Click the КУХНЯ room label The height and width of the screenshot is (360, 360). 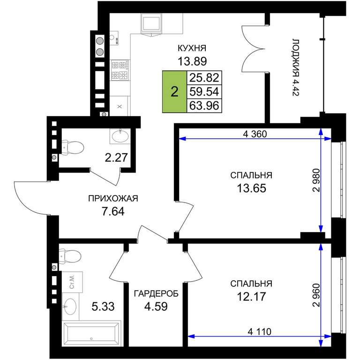pyautogui.click(x=192, y=48)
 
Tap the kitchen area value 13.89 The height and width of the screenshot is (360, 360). pyautogui.click(x=192, y=61)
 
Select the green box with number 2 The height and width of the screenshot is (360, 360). pyautogui.click(x=174, y=92)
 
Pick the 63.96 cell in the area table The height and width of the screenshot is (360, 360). pyautogui.click(x=204, y=105)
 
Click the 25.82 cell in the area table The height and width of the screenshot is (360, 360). pyautogui.click(x=204, y=78)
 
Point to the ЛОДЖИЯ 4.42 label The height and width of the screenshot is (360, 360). pyautogui.click(x=296, y=67)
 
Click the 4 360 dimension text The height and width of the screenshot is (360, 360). pyautogui.click(x=255, y=134)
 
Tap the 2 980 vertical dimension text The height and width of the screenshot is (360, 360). pyautogui.click(x=316, y=180)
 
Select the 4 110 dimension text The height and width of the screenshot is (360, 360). pyautogui.click(x=259, y=331)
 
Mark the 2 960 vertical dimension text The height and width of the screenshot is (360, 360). pyautogui.click(x=316, y=295)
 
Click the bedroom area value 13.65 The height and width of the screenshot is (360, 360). pyautogui.click(x=251, y=188)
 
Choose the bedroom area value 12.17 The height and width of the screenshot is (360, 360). pyautogui.click(x=251, y=296)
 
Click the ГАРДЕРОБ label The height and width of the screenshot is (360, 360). pyautogui.click(x=156, y=293)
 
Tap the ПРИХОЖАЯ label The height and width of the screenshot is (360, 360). pyautogui.click(x=113, y=198)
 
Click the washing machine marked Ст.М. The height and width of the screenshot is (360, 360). pyautogui.click(x=72, y=282)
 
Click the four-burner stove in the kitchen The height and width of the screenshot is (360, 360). pyautogui.click(x=120, y=70)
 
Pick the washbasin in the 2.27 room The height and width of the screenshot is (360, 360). pyautogui.click(x=120, y=136)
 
